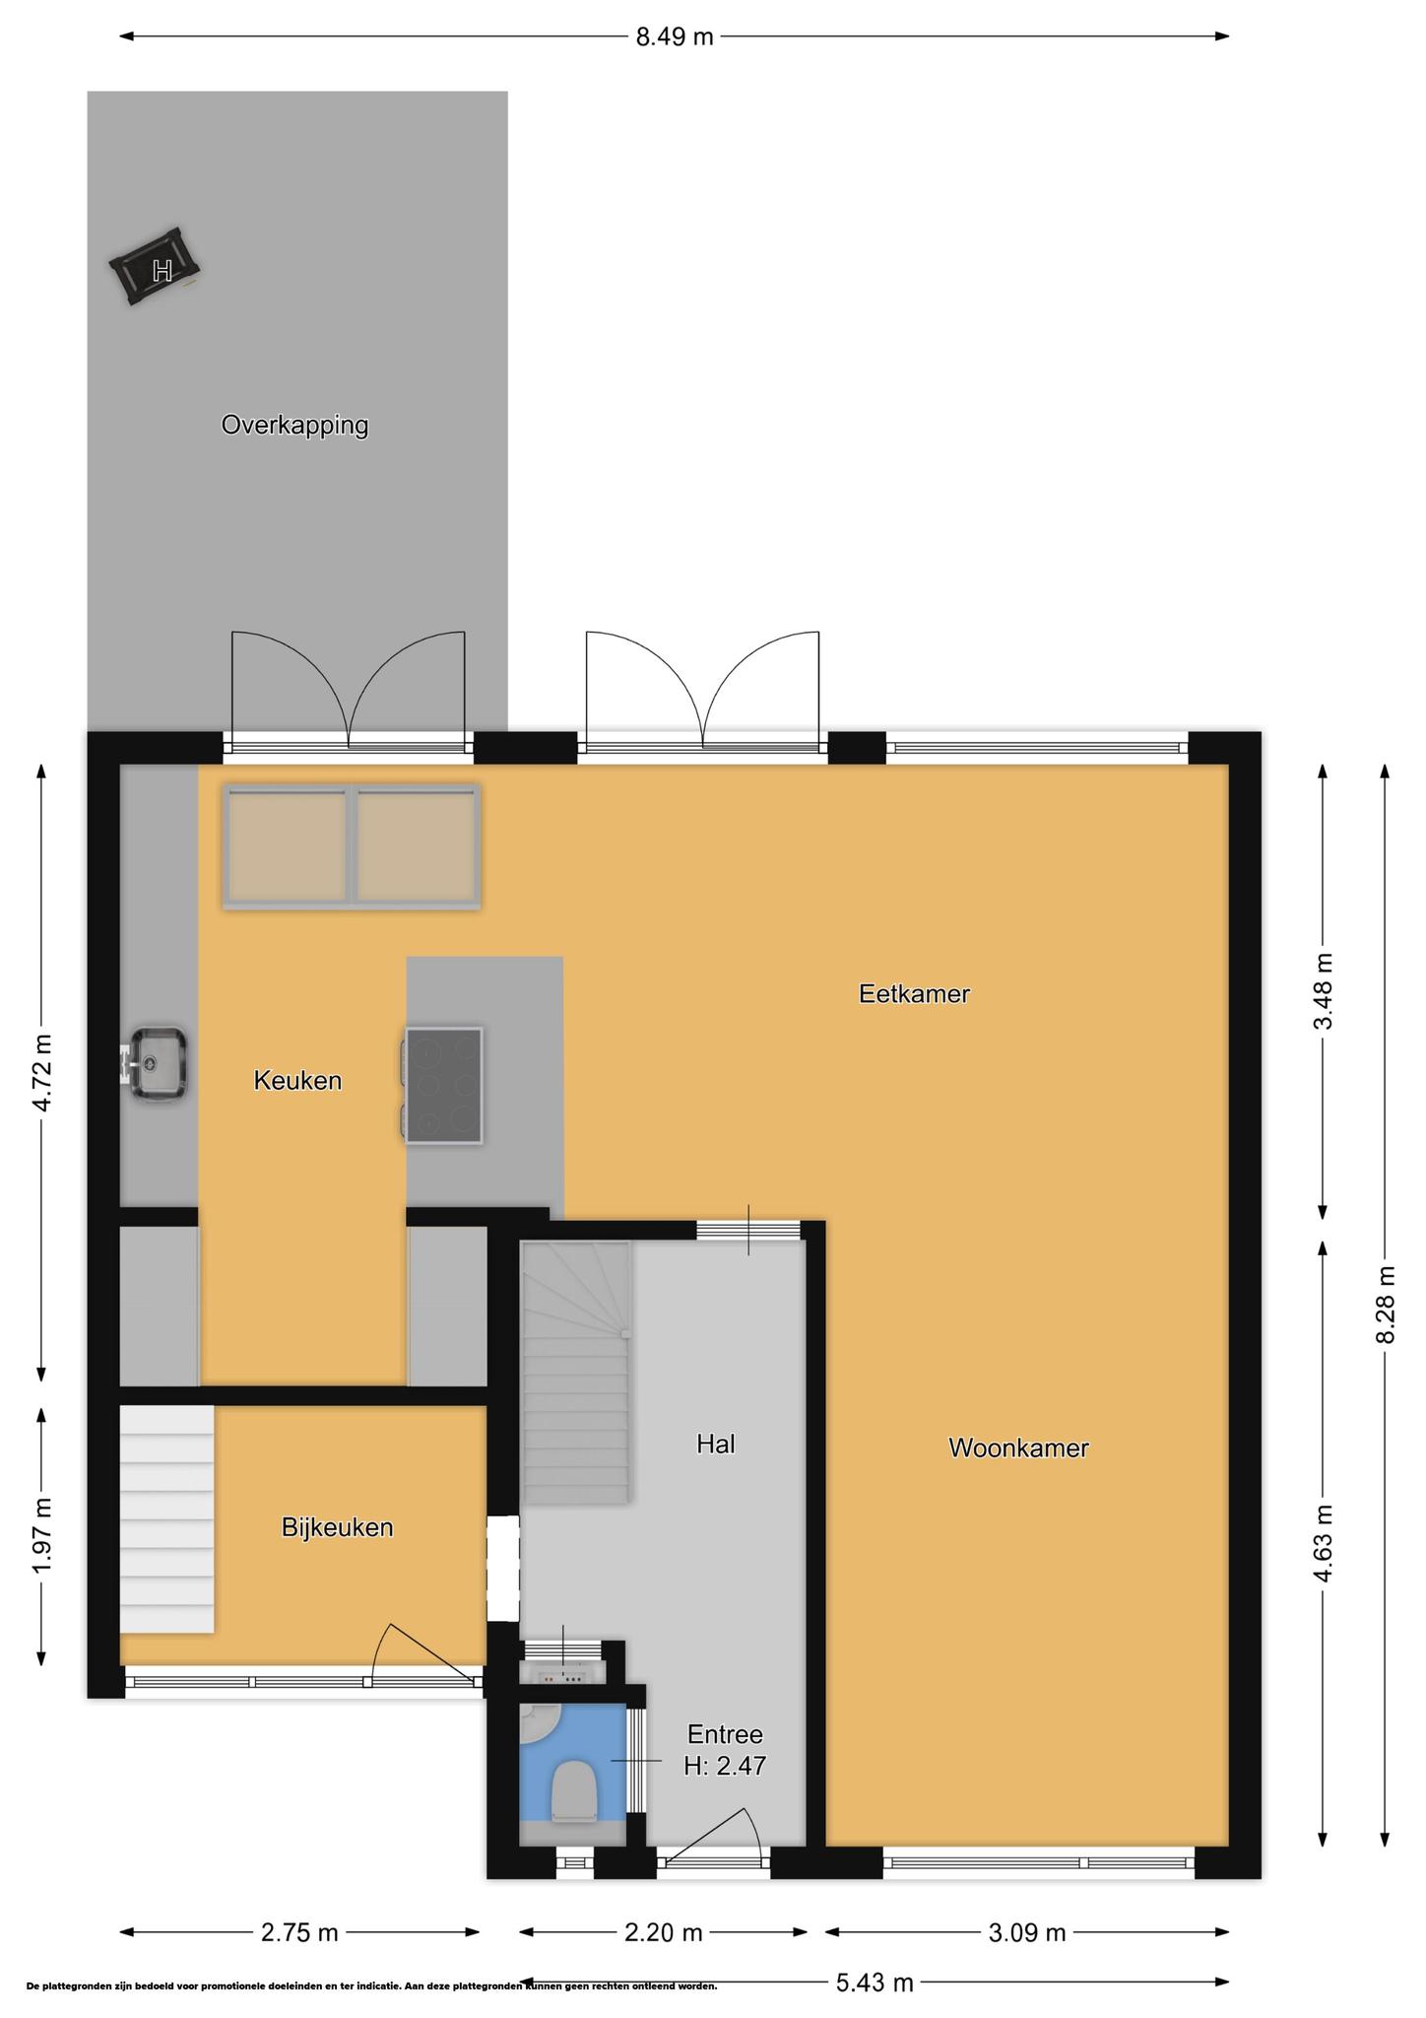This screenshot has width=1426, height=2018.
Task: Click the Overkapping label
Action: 294,426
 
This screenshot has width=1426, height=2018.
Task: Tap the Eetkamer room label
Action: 914,993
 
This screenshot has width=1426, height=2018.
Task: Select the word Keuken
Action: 297,1080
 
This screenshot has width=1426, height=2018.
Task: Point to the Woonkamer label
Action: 1018,1447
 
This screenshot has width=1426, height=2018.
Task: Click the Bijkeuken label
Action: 337,1527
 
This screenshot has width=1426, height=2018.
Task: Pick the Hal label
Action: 716,1444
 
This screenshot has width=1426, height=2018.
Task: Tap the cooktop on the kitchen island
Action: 442,1085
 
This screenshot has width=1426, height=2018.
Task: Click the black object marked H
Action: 158,266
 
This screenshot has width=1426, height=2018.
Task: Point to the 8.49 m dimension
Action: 675,37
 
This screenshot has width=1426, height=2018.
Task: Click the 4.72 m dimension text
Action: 41,1073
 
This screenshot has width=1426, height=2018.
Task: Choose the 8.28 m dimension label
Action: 1386,1304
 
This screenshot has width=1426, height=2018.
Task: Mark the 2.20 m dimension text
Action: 664,1932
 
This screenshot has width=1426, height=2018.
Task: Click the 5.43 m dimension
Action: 875,1983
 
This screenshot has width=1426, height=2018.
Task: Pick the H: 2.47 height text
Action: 725,1765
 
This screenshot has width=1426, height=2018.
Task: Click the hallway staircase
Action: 575,1372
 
